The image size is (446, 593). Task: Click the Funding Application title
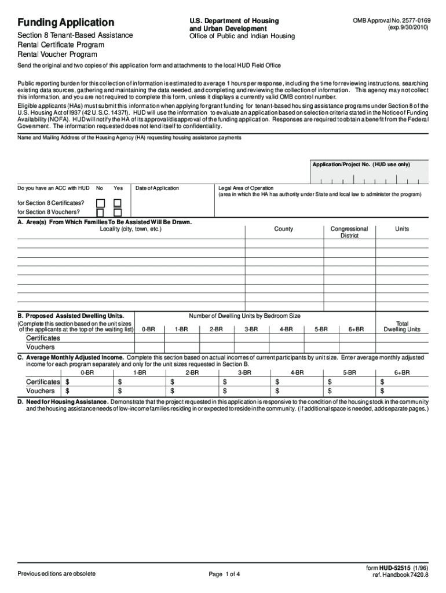[x=65, y=23]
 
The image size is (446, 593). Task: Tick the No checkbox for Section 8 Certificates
[x=100, y=203]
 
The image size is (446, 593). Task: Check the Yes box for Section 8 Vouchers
[x=118, y=213]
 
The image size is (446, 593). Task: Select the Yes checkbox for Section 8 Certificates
[x=118, y=203]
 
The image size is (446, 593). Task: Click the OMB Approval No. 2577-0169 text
[x=392, y=20]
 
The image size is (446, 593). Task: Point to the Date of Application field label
[x=157, y=188]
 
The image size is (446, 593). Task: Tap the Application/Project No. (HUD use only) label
[x=361, y=165]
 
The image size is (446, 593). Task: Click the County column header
[x=283, y=229]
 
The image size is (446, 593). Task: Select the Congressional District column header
[x=349, y=232]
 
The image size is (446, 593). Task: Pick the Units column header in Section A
[x=402, y=229]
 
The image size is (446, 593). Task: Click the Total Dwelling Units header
[x=402, y=327]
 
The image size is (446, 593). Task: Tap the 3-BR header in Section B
[x=251, y=330]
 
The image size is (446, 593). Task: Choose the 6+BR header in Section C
[x=402, y=373]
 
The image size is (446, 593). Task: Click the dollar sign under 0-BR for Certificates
[x=67, y=382]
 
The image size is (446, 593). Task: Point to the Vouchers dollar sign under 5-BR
[x=330, y=391]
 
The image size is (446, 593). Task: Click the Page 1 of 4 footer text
[x=224, y=574]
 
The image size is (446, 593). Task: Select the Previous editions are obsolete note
[x=57, y=574]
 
